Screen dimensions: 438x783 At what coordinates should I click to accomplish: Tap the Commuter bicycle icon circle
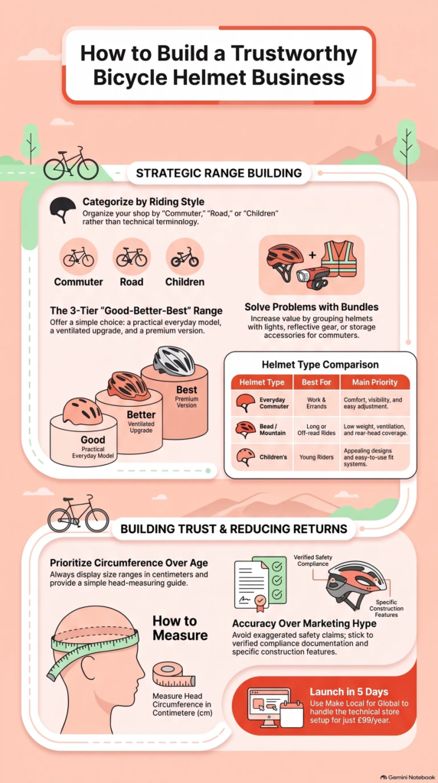[79, 257]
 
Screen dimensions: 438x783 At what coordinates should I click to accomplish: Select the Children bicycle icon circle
[185, 257]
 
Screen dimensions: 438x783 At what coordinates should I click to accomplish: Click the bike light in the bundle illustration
[312, 277]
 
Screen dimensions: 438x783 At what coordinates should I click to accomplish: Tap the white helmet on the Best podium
[174, 361]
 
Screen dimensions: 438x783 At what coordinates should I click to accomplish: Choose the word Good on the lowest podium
[93, 440]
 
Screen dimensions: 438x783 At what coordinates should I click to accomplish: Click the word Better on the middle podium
[140, 414]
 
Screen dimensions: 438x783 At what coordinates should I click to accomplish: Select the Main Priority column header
[374, 382]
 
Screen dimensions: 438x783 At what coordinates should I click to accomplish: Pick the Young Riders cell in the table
[316, 456]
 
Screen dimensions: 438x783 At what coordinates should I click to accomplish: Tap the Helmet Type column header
[262, 382]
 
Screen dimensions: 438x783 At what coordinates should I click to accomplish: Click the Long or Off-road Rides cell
[316, 429]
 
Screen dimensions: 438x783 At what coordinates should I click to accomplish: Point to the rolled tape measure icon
[174, 674]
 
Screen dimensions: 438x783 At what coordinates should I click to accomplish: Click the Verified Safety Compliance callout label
[312, 560]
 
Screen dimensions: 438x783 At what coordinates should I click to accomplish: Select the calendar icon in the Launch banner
[292, 713]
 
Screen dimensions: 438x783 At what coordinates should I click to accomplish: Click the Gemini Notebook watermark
[407, 777]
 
